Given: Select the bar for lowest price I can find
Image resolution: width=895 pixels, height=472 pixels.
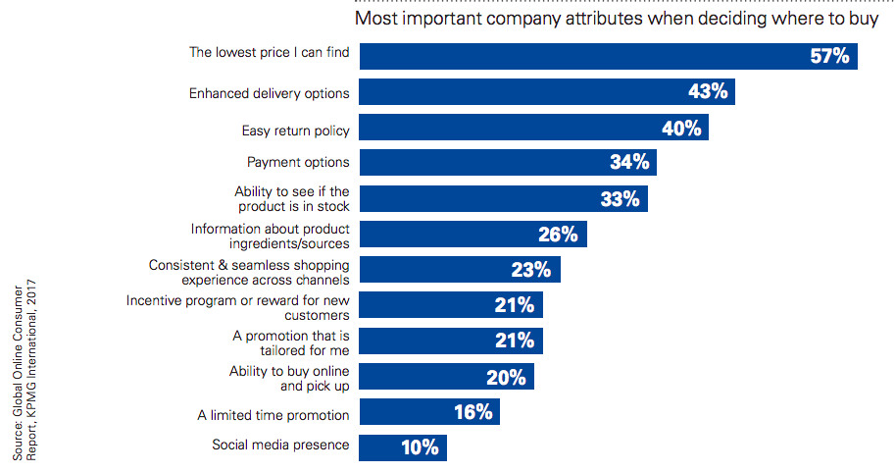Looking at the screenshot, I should pyautogui.click(x=588, y=56).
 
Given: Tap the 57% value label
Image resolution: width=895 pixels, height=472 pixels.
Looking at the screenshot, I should pyautogui.click(x=828, y=56).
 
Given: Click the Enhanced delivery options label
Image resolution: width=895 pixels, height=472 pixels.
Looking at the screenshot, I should pyautogui.click(x=269, y=93).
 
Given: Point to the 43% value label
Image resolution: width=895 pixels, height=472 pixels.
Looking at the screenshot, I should pyautogui.click(x=706, y=93).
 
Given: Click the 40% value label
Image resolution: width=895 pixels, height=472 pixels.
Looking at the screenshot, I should pyautogui.click(x=679, y=130).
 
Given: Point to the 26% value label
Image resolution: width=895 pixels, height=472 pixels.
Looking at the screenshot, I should pyautogui.click(x=558, y=235).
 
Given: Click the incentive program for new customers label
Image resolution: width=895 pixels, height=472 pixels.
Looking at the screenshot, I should pyautogui.click(x=238, y=307).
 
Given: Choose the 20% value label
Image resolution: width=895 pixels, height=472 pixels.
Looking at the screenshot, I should pyautogui.click(x=505, y=377).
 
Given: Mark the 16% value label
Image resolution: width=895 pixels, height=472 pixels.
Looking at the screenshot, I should pyautogui.click(x=472, y=412).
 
